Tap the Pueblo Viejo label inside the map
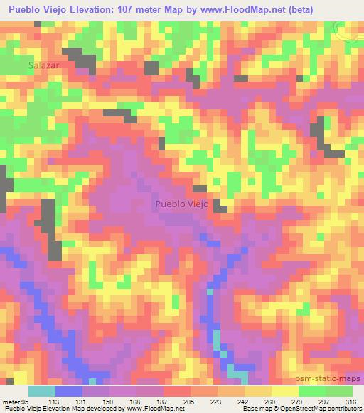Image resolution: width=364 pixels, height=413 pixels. click(x=182, y=204)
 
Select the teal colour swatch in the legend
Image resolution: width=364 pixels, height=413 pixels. click(x=41, y=391)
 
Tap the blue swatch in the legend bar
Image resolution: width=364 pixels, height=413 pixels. click(x=68, y=391)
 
